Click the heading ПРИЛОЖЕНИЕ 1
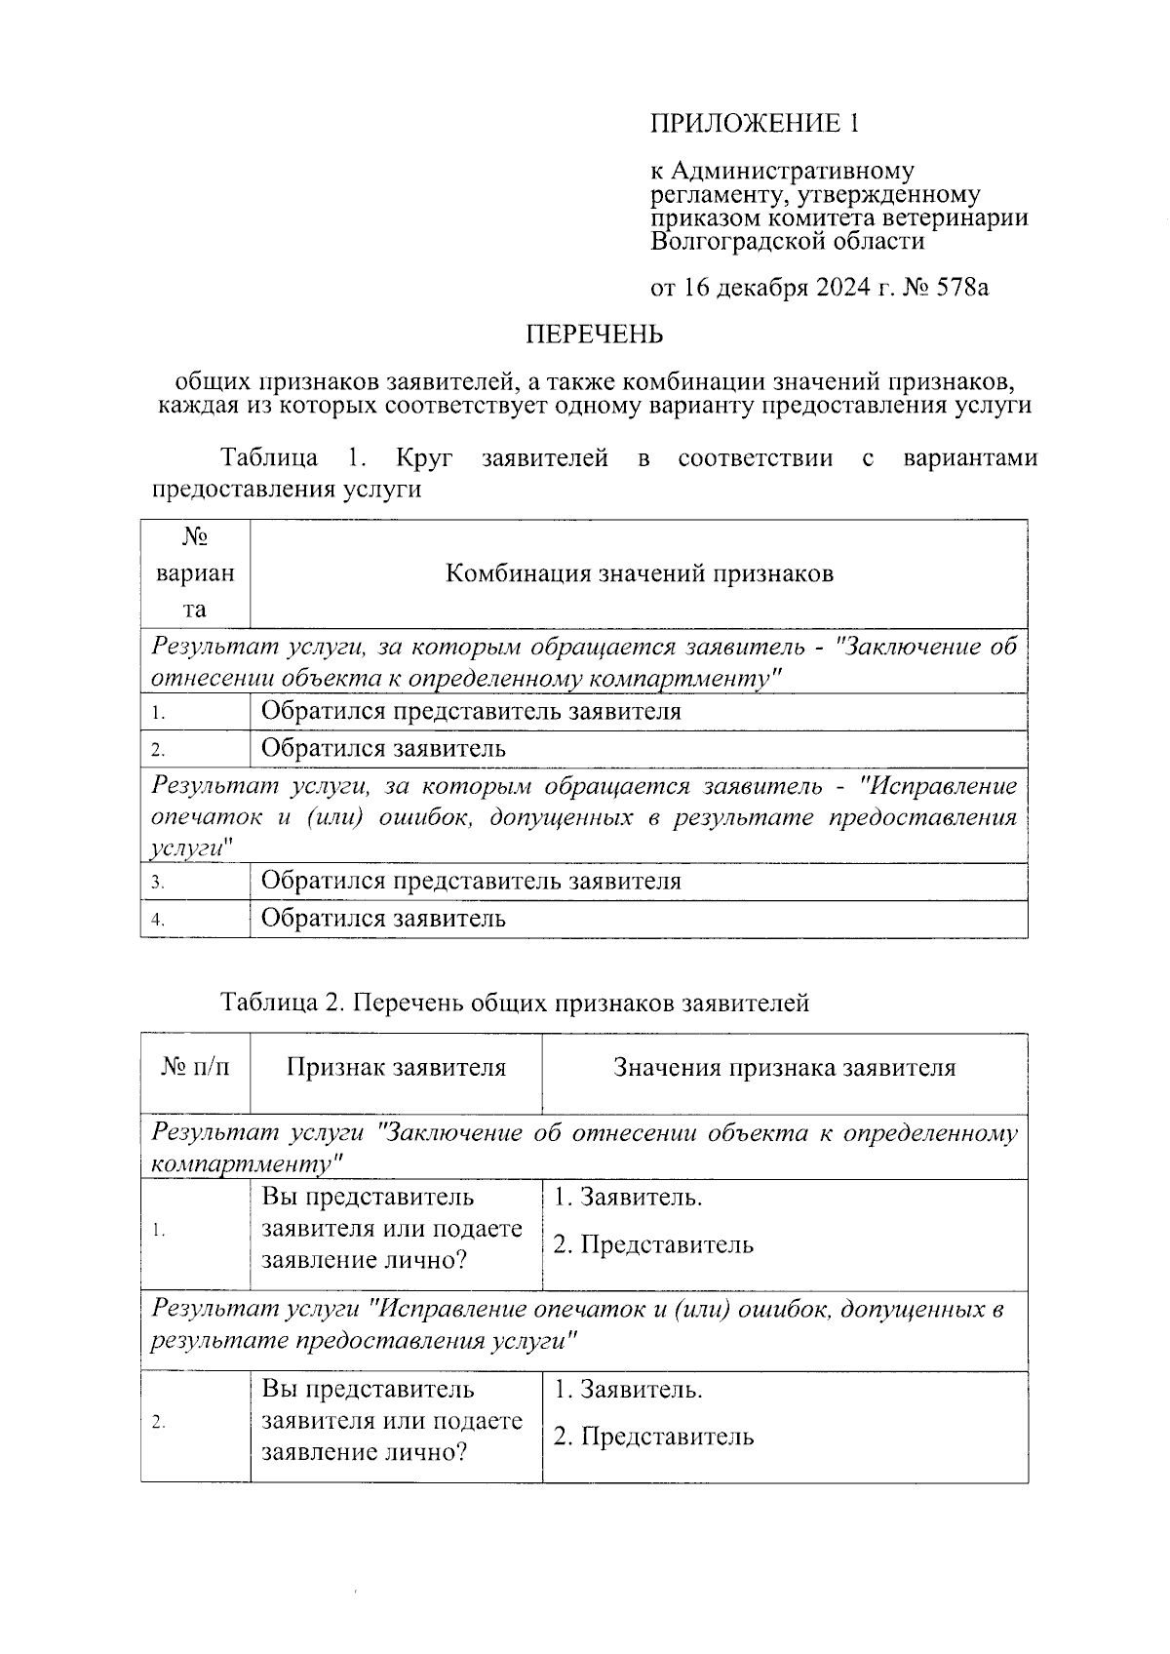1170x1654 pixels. tap(756, 123)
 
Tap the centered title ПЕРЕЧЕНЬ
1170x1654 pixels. tap(595, 335)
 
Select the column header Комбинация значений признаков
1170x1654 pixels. tap(639, 573)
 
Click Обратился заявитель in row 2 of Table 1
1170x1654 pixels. tap(383, 749)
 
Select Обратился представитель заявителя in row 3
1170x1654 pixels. tap(471, 882)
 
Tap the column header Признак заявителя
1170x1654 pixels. tap(396, 1068)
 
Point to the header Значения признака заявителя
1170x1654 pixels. tap(784, 1068)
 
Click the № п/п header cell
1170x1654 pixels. tap(195, 1068)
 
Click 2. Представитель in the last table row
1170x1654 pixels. tap(653, 1437)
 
